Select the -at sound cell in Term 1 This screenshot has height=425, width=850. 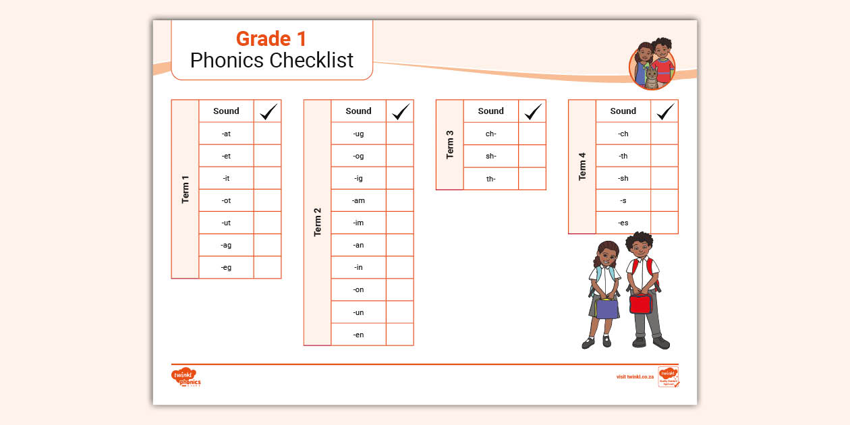(226, 134)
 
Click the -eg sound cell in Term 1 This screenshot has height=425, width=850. (226, 267)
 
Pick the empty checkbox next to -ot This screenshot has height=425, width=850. (267, 200)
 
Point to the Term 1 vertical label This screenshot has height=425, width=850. (185, 190)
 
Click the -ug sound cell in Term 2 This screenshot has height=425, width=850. (358, 134)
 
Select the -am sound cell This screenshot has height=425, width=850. (358, 200)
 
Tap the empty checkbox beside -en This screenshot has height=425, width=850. (399, 334)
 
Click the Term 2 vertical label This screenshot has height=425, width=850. (317, 222)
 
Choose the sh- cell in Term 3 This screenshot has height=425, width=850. (490, 156)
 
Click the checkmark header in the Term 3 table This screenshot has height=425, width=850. (533, 111)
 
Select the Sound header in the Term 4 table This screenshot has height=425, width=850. (623, 111)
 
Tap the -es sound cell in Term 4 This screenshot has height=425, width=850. (623, 223)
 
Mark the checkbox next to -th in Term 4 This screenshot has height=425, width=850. (664, 156)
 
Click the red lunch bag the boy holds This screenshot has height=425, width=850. (641, 303)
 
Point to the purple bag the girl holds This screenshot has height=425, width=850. (607, 308)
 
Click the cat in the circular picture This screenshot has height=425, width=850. (651, 77)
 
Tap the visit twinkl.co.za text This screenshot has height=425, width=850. (635, 376)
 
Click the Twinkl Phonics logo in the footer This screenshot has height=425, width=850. (186, 377)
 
